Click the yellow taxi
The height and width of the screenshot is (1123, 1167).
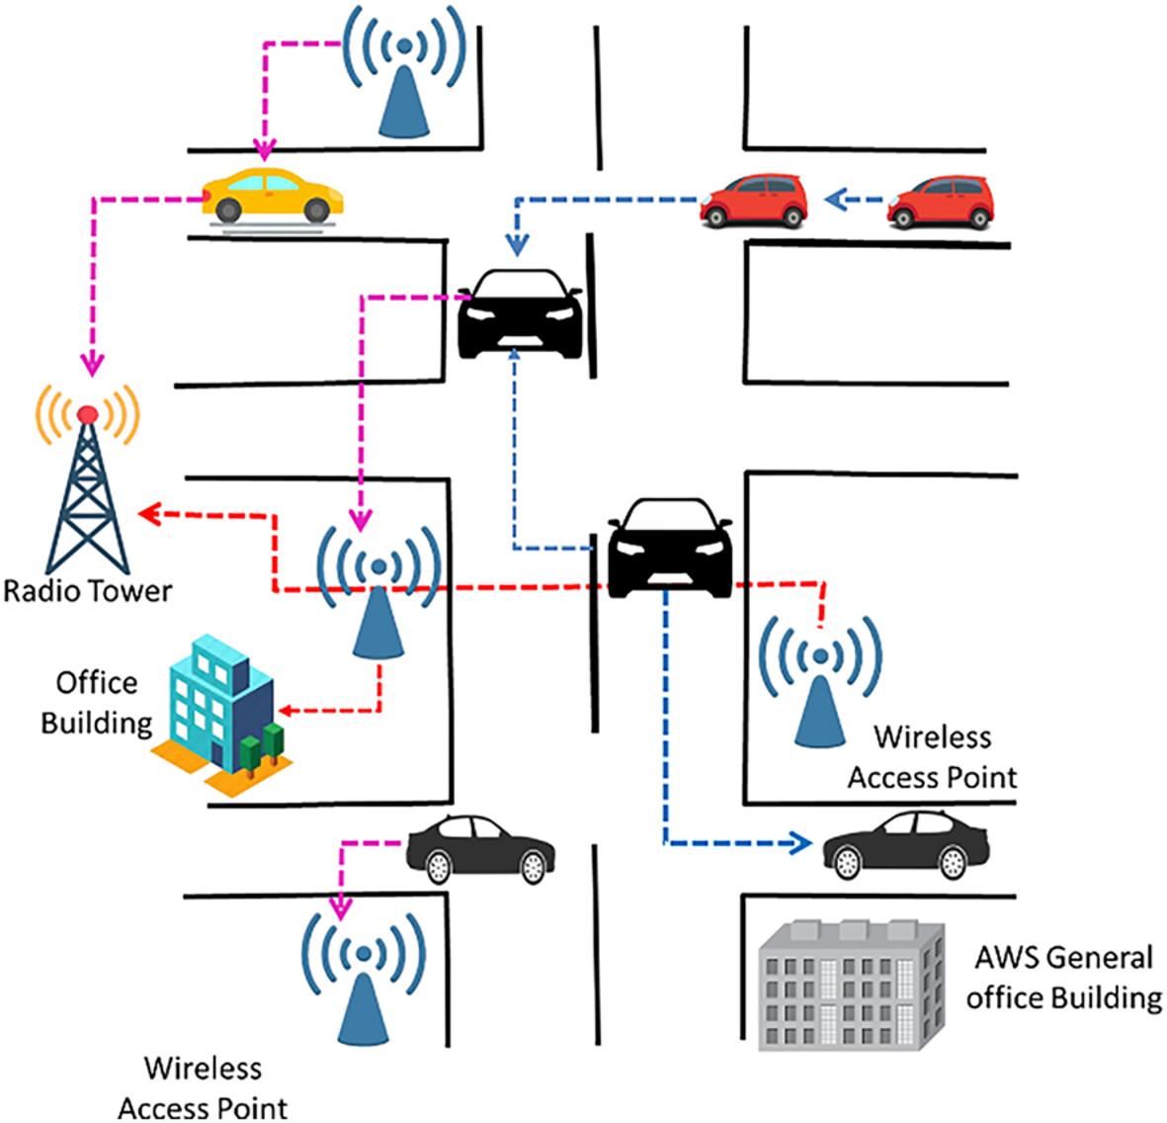point(272,194)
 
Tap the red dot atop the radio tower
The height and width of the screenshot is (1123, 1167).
point(88,412)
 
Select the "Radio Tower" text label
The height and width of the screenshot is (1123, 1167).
point(87,591)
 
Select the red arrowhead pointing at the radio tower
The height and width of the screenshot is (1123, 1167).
point(148,512)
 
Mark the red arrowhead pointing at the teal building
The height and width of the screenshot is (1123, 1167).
point(286,709)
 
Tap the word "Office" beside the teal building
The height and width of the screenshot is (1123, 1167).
point(96,682)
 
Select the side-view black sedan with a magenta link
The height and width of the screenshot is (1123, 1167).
point(480,848)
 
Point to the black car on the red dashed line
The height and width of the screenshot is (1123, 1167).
point(670,546)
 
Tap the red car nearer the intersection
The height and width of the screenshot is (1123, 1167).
point(756,202)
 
